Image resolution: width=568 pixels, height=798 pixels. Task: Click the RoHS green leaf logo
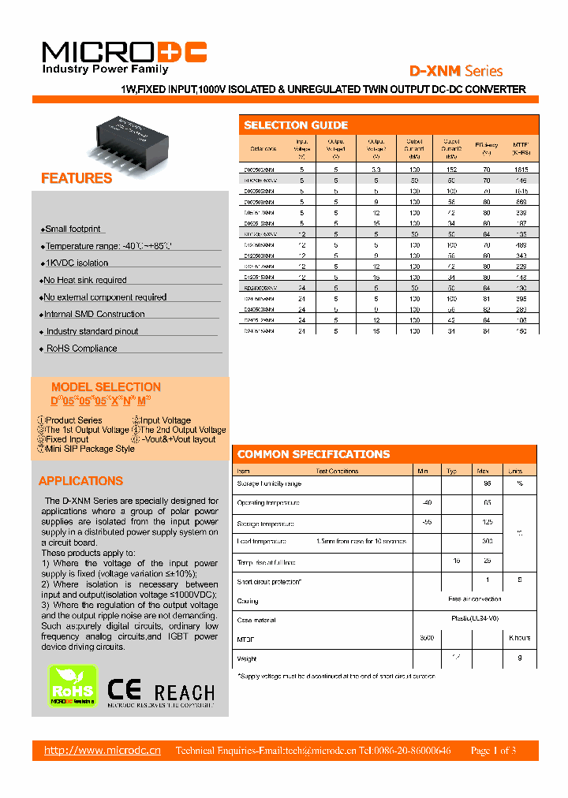coord(73,684)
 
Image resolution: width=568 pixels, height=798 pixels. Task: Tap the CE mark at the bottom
coord(124,690)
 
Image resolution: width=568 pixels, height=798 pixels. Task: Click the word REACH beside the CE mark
coord(185,692)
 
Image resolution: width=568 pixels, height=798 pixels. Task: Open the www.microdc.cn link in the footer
coord(103,750)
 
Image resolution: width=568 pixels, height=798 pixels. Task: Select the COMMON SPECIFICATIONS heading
coord(313,454)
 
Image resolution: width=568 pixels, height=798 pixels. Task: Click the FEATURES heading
coord(77,178)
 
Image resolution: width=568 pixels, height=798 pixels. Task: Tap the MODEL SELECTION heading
coord(106,387)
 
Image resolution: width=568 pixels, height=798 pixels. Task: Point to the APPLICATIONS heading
coord(81,481)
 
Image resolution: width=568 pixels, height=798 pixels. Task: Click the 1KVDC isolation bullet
coord(77,263)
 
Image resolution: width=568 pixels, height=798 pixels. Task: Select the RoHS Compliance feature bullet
coord(81,349)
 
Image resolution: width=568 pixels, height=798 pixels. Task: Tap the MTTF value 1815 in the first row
coord(521,169)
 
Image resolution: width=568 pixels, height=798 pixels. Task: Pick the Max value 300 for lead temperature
coord(487,542)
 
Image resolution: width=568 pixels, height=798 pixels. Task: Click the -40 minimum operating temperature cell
coord(426,502)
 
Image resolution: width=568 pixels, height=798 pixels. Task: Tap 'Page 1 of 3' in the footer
coord(493,751)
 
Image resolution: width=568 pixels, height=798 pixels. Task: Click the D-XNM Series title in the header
coord(455,71)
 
